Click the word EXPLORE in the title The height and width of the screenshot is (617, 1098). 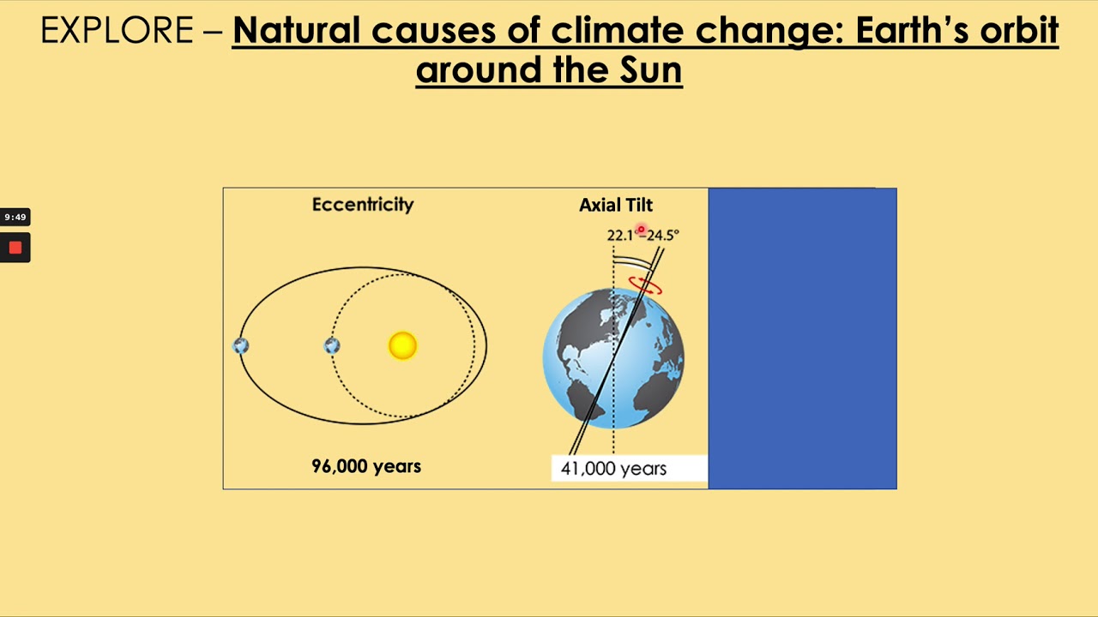[117, 32]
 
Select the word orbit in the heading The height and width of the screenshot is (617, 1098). [1018, 32]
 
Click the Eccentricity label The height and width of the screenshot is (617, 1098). [363, 205]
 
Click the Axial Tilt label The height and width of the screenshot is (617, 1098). [616, 206]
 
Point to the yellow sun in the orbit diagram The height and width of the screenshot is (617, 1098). [402, 345]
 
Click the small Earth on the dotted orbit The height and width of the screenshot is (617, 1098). [332, 345]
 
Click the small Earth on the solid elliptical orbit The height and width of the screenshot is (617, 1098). [241, 345]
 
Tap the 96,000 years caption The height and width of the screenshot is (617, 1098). [366, 466]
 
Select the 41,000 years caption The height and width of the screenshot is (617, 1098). [613, 469]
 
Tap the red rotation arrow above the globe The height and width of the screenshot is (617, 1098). [645, 285]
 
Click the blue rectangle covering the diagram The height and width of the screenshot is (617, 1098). [802, 338]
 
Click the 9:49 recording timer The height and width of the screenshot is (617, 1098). [15, 217]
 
